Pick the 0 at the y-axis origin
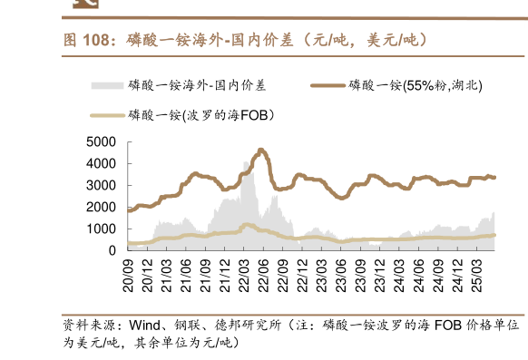[x=113, y=250]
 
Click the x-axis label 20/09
[x=129, y=271]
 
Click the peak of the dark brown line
[x=261, y=150]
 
